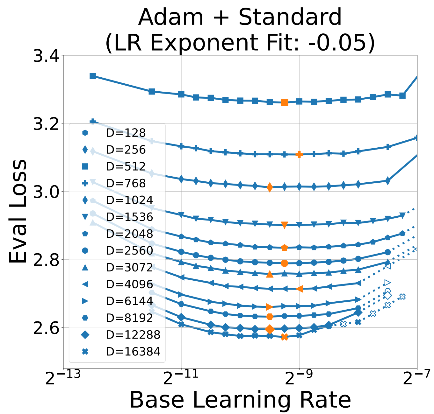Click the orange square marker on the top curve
pyautogui.click(x=285, y=103)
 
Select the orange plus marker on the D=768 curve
pyautogui.click(x=299, y=155)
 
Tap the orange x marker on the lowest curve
pyautogui.click(x=285, y=337)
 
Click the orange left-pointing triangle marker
pyautogui.click(x=299, y=289)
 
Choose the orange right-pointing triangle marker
pyautogui.click(x=270, y=307)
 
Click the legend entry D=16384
pyautogui.click(x=133, y=352)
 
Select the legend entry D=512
pyautogui.click(x=126, y=166)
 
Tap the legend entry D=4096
pyautogui.click(x=129, y=284)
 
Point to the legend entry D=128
pyautogui.click(x=126, y=133)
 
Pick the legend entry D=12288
pyautogui.click(x=133, y=335)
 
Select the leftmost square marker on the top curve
pyautogui.click(x=93, y=76)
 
